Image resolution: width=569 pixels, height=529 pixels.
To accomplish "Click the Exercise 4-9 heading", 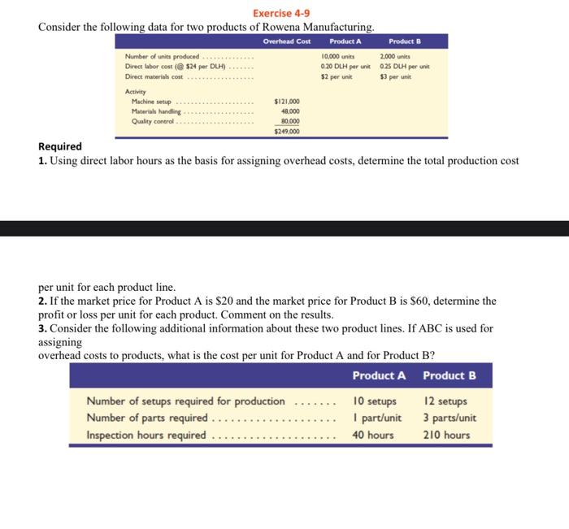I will pyautogui.click(x=281, y=13).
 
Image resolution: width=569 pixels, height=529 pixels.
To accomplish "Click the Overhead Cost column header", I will pyautogui.click(x=287, y=41).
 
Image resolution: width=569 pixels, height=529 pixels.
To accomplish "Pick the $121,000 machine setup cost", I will pyautogui.click(x=287, y=101).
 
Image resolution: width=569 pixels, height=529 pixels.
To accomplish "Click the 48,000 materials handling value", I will pyautogui.click(x=289, y=111).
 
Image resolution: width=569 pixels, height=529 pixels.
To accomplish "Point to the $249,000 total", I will pyautogui.click(x=287, y=130).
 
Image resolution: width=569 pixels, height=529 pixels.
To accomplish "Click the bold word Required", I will pyautogui.click(x=60, y=146).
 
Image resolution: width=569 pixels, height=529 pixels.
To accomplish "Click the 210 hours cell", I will pyautogui.click(x=446, y=435).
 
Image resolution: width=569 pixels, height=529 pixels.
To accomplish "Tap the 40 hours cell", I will pyautogui.click(x=373, y=435).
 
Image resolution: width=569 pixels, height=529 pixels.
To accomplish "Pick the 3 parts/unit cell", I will pyautogui.click(x=450, y=418).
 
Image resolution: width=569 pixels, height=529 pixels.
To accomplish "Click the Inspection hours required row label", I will pyautogui.click(x=146, y=435).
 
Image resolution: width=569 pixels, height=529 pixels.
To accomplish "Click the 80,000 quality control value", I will pyautogui.click(x=289, y=120).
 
